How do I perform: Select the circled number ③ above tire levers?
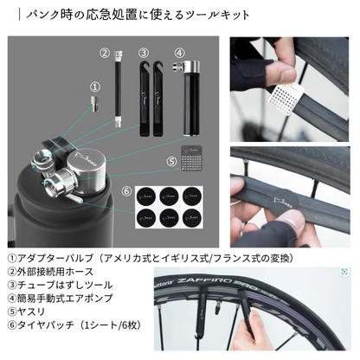[x=142, y=53]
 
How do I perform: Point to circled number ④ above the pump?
[x=179, y=53]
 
